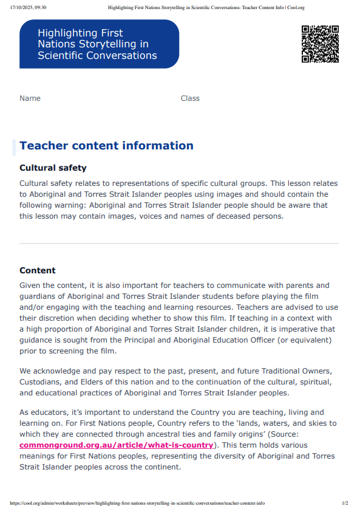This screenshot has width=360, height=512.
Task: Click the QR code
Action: tap(320, 44)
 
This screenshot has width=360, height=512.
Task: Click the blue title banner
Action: tap(99, 44)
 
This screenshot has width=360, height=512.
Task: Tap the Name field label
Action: tap(30, 98)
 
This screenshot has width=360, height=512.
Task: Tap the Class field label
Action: tap(190, 98)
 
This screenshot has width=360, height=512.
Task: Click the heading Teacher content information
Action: tap(106, 146)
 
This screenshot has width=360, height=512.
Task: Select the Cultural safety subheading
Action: tap(53, 168)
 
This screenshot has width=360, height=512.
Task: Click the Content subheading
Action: tap(38, 270)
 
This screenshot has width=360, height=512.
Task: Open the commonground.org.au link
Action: tap(117, 445)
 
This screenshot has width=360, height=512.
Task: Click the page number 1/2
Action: tap(345, 503)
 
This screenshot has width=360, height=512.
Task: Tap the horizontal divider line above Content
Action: tap(179, 244)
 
